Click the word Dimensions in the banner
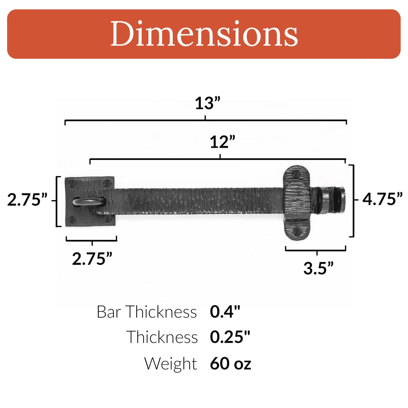click(204, 34)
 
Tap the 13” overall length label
click(207, 103)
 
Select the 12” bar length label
click(222, 142)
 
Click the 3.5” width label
click(318, 268)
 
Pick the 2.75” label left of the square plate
click(27, 200)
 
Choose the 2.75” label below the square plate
click(92, 258)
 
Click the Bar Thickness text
click(147, 312)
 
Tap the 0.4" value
click(225, 312)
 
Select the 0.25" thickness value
click(230, 337)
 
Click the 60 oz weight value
click(230, 364)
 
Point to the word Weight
click(170, 364)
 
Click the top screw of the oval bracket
click(296, 175)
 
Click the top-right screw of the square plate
click(107, 184)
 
